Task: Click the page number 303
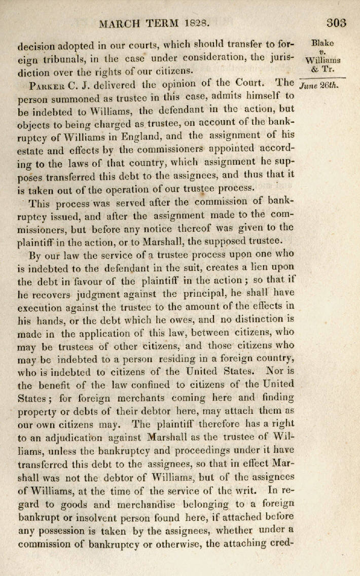(x=337, y=22)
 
